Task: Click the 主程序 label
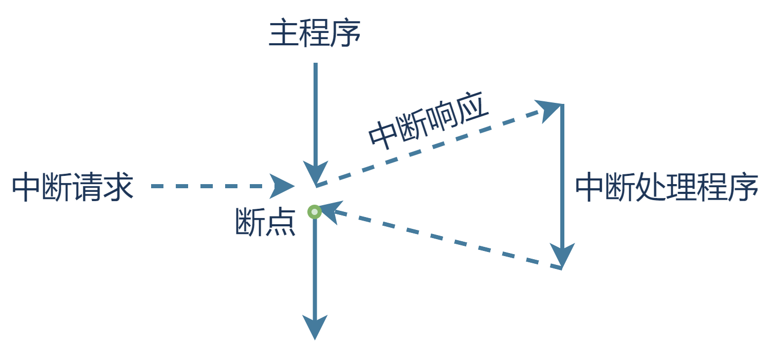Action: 315,34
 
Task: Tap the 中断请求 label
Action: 72,187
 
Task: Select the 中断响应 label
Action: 428,123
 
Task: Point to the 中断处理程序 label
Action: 666,188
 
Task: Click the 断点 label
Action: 265,222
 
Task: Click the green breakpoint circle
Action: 315,212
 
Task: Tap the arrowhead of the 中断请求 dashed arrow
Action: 281,186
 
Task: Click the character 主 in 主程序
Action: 284,34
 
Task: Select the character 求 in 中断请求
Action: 118,187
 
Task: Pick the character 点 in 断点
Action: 281,222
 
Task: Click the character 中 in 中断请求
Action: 26,187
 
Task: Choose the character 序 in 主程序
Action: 345,34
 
